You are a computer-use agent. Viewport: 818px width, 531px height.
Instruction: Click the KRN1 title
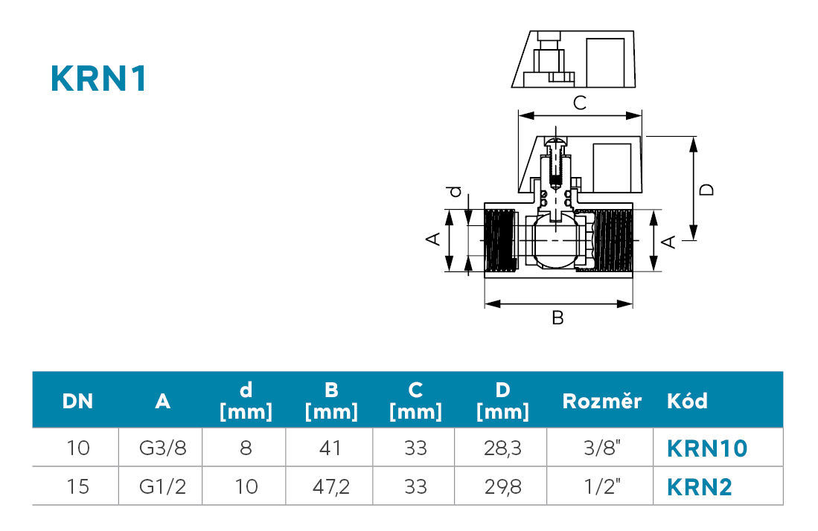(x=98, y=80)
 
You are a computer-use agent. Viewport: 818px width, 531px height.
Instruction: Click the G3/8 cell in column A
(x=163, y=448)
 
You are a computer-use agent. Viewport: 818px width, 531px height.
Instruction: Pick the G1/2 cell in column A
(x=163, y=486)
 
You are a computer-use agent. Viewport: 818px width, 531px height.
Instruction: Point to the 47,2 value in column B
(x=330, y=486)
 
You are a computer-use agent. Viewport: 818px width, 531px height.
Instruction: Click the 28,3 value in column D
(x=502, y=448)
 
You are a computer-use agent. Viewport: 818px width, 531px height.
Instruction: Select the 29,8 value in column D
(x=502, y=486)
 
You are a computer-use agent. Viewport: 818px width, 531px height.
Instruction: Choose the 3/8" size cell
(x=602, y=448)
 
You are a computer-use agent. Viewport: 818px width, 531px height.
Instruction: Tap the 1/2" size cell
(x=602, y=486)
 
